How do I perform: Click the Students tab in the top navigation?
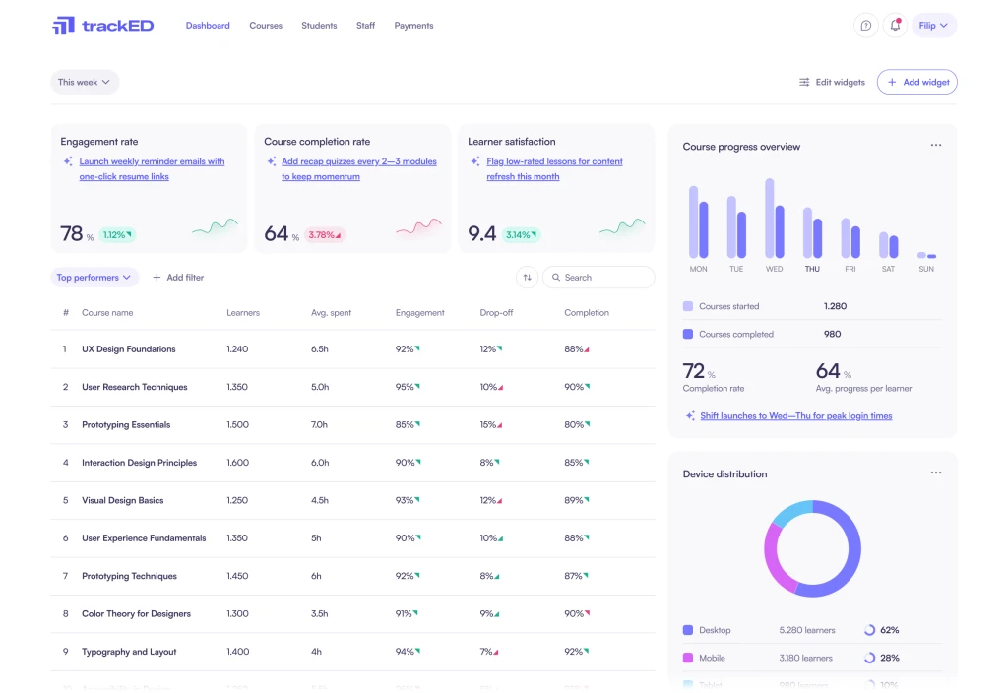pos(319,26)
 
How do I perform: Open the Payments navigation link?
pos(413,26)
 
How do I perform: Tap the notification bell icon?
pos(895,26)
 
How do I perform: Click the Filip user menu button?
pos(934,26)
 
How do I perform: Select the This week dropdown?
pos(85,83)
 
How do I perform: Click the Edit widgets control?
pos(832,83)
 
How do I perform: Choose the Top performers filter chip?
pos(94,278)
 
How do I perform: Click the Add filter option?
pos(178,278)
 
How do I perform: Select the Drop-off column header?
pos(496,313)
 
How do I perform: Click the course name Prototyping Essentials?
pos(126,425)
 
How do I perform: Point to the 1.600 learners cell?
pos(237,463)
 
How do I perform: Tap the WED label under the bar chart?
pos(775,269)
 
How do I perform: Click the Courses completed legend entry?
pos(735,334)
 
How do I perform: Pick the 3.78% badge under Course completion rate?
pos(325,235)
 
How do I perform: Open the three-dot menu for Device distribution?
pos(935,473)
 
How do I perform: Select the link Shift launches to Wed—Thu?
pos(795,416)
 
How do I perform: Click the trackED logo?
pos(103,26)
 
